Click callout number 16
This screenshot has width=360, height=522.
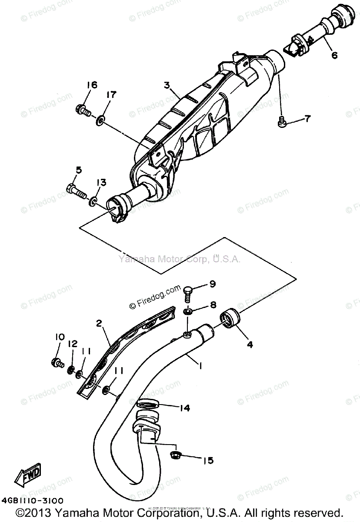tap(92, 84)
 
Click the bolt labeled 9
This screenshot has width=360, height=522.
tap(187, 293)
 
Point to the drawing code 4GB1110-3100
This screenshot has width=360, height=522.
tap(36, 500)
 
